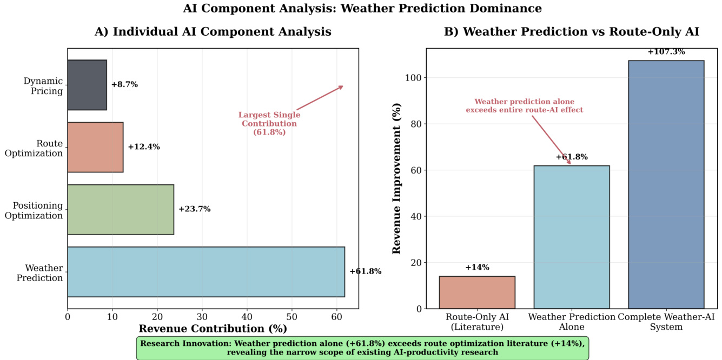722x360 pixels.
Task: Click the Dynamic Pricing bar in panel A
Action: [87, 85]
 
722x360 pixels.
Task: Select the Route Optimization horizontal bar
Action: [95, 147]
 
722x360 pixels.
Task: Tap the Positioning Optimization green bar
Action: [121, 209]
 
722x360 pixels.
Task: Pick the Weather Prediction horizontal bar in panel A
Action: [206, 271]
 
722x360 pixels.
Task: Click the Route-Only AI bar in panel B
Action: [477, 292]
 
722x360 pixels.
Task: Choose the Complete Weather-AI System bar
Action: [666, 184]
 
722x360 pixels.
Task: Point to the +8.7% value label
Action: [124, 85]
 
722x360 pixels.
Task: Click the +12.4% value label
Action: [144, 147]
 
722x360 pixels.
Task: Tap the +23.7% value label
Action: [195, 209]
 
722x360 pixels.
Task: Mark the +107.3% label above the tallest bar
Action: [666, 52]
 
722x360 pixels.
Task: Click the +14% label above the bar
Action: [477, 268]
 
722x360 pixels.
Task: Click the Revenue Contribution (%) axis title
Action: [213, 329]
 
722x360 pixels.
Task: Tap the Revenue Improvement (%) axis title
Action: [397, 178]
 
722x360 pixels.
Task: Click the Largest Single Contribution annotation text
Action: [269, 123]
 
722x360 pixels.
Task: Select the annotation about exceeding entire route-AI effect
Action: [524, 105]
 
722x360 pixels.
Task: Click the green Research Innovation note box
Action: [362, 348]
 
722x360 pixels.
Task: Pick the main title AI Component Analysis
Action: [362, 9]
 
